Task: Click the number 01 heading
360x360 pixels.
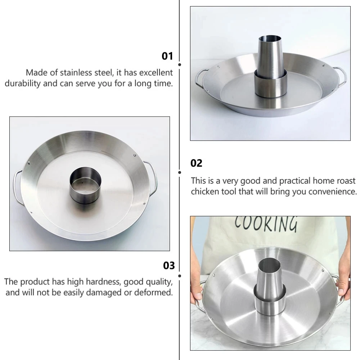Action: tap(167, 56)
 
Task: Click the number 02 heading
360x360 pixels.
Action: tap(197, 163)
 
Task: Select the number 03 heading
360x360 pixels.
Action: tap(169, 266)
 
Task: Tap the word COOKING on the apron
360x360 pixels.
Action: tap(266, 224)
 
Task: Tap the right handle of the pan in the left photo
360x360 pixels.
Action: tap(153, 178)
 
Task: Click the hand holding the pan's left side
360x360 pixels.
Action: tap(197, 295)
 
